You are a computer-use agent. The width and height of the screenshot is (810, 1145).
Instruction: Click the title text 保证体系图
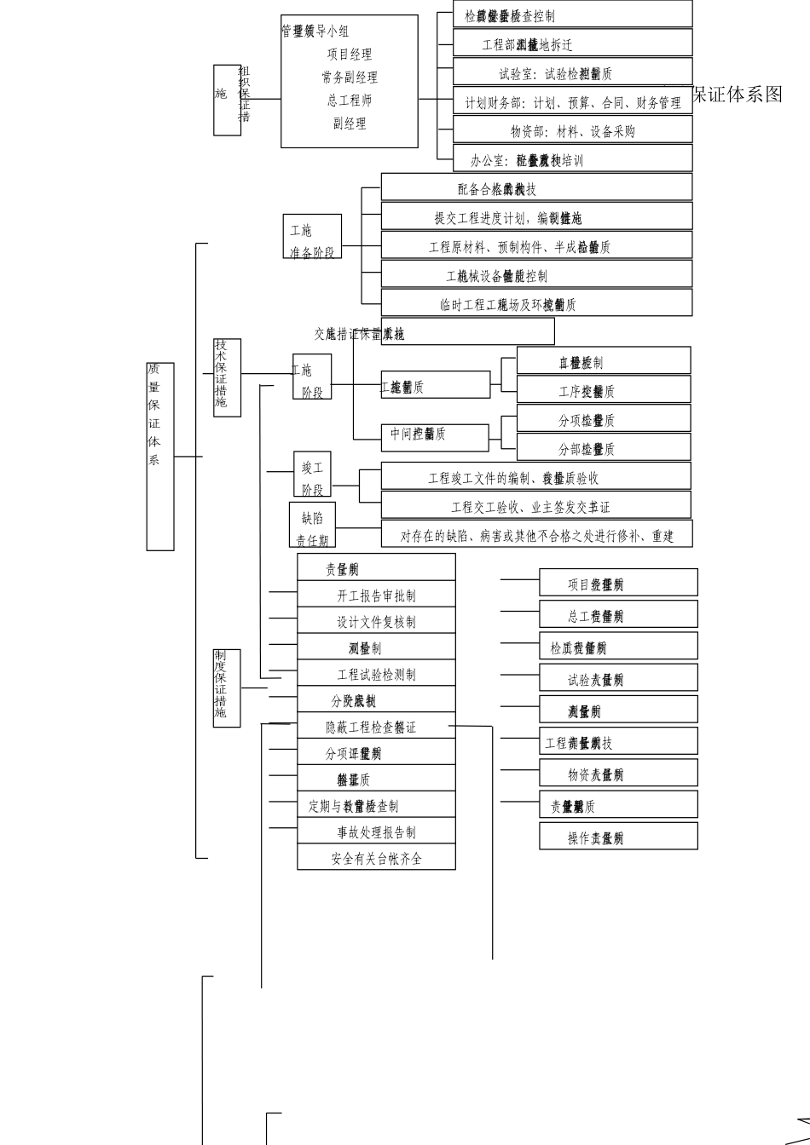point(737,95)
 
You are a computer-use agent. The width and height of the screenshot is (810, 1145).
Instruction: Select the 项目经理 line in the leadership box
point(350,55)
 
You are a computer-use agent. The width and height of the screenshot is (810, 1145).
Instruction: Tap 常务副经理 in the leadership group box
point(350,78)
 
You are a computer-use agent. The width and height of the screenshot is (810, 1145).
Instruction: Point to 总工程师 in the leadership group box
point(350,101)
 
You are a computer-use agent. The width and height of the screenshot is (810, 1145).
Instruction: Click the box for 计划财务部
point(572,103)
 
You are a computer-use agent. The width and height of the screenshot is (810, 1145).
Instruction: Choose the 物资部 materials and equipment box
point(572,131)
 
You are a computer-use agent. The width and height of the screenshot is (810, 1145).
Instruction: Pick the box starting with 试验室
point(572,74)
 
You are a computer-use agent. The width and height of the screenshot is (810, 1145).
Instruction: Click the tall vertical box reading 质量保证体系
point(160,456)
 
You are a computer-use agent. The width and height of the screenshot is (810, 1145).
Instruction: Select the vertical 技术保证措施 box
point(227,377)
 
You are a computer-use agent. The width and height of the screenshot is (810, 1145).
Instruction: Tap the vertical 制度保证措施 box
point(227,688)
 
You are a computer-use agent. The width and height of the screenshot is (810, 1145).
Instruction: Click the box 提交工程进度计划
point(536,218)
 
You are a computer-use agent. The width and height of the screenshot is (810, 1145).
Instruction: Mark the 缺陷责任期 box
point(312,525)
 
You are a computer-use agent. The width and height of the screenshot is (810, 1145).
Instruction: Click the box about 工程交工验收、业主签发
point(536,507)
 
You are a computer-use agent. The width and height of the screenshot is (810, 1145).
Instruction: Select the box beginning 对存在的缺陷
point(536,536)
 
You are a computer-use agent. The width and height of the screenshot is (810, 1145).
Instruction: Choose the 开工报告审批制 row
point(376,595)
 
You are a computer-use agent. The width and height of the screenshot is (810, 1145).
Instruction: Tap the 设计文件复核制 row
point(376,621)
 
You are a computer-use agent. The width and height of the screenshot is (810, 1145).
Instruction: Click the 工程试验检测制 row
point(376,674)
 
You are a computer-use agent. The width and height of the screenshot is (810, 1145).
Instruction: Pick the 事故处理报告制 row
point(376,831)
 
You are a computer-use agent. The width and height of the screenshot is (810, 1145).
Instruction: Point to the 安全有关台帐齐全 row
point(376,858)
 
